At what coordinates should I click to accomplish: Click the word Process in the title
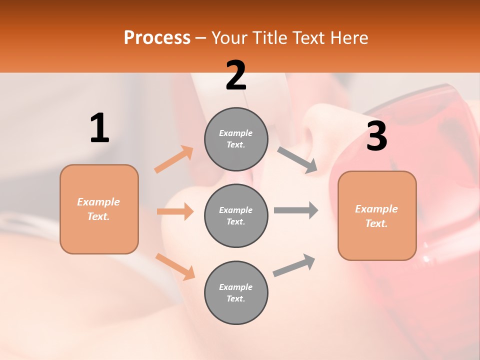click(157, 38)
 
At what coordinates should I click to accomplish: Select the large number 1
click(99, 128)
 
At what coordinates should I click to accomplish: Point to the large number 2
click(236, 76)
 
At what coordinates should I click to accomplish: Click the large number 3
click(376, 136)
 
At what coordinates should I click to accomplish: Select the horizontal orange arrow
click(175, 211)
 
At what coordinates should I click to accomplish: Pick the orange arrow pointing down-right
click(175, 266)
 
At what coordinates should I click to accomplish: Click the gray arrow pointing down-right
click(297, 160)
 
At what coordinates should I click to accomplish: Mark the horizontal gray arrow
click(295, 210)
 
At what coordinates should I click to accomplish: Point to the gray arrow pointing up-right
click(294, 265)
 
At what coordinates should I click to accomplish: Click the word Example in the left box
click(98, 202)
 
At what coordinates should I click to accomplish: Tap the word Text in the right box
click(376, 223)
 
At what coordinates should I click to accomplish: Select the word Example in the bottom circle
click(235, 287)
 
